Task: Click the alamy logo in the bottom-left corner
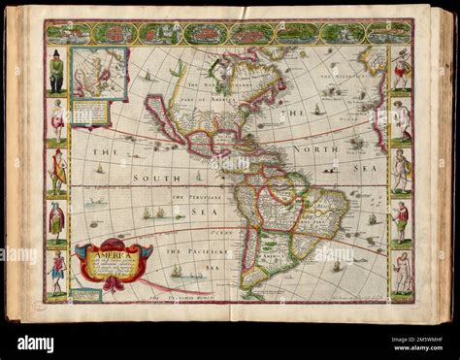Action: click(36, 343)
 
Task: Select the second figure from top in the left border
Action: click(57, 122)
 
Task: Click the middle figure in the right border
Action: click(401, 172)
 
